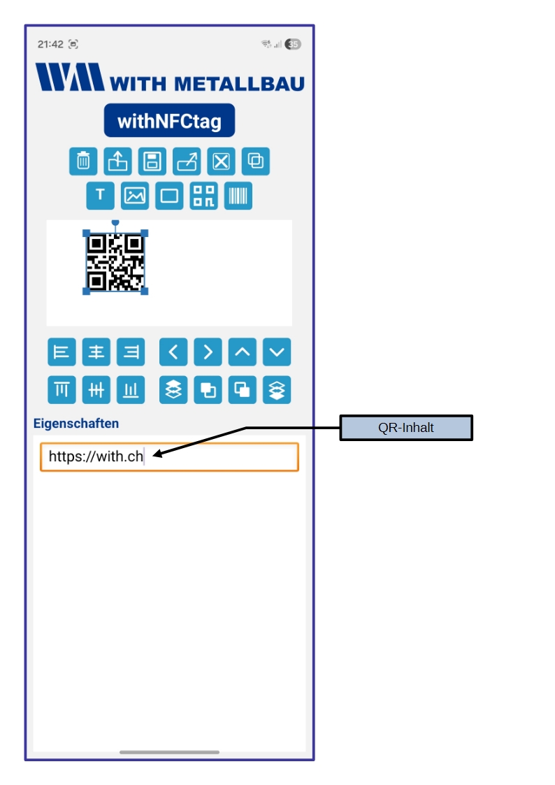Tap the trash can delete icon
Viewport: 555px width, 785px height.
[x=83, y=161]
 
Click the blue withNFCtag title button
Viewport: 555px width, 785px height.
[x=169, y=121]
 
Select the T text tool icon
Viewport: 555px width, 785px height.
[x=100, y=196]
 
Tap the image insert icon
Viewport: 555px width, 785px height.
[x=135, y=196]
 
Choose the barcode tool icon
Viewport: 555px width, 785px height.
[x=238, y=196]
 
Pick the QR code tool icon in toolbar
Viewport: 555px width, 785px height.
[x=204, y=196]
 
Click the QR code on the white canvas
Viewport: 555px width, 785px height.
[x=115, y=262]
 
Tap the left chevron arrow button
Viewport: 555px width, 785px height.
[x=173, y=352]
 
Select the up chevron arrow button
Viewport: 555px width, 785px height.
[x=243, y=352]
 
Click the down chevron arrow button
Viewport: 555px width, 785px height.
[x=277, y=352]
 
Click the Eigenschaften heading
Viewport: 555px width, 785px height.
[x=76, y=424]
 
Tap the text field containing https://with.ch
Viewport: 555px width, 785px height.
[x=169, y=457]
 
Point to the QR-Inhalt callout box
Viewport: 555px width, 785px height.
[x=406, y=428]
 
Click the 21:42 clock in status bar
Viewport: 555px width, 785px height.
[x=50, y=44]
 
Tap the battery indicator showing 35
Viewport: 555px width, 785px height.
[x=293, y=44]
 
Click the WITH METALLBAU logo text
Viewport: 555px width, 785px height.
[x=206, y=84]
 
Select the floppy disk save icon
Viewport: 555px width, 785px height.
[x=152, y=161]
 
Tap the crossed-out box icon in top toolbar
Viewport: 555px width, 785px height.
[x=222, y=161]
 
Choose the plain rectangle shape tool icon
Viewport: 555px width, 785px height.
[x=169, y=196]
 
